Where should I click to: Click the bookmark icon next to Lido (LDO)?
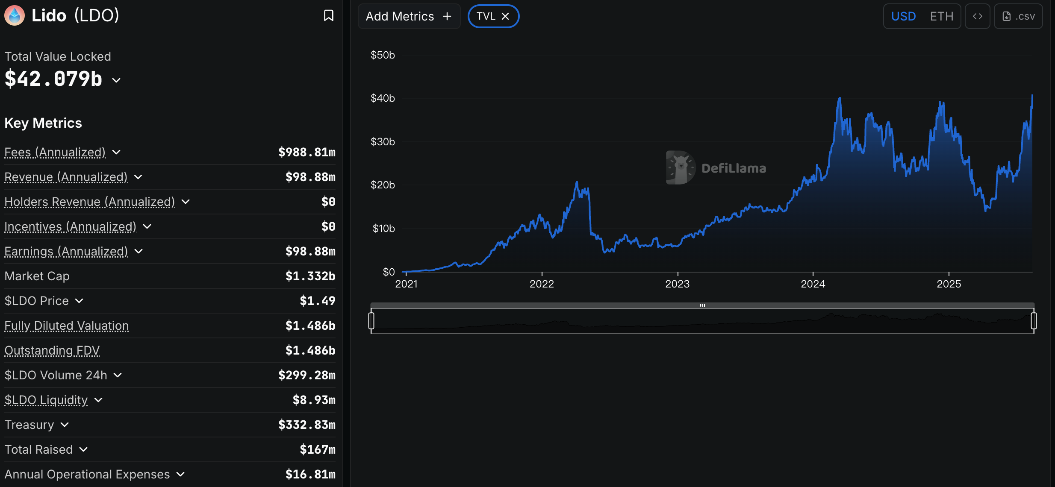(328, 16)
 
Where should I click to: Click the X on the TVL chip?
(505, 16)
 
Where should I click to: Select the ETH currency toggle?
(941, 16)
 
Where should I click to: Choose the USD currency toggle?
(903, 16)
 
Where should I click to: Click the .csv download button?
(1018, 16)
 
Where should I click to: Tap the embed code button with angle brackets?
(977, 16)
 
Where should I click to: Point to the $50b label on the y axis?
(383, 55)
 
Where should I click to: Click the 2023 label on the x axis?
(677, 284)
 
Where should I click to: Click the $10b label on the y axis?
(383, 229)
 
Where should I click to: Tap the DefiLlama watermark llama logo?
(680, 167)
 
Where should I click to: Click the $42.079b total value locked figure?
(53, 79)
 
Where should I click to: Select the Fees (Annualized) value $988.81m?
(306, 152)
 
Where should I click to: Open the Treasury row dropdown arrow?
(65, 425)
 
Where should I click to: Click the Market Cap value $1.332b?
(310, 276)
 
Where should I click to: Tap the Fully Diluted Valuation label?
(66, 326)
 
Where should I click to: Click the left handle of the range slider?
(371, 320)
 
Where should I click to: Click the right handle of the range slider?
(1034, 320)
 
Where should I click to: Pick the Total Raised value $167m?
(317, 449)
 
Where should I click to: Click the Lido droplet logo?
(15, 16)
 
